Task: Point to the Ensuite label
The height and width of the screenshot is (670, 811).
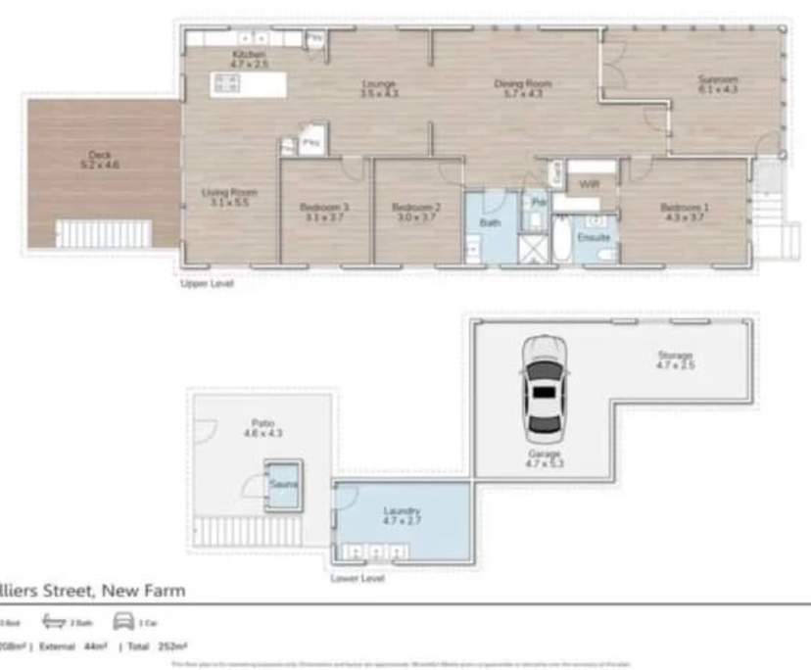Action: [595, 237]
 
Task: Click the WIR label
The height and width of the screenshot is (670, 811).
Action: [589, 184]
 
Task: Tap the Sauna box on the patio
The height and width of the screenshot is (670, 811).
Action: [284, 486]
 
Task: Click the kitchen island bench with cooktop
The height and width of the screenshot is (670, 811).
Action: [249, 85]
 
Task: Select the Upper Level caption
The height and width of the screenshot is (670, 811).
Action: [206, 284]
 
